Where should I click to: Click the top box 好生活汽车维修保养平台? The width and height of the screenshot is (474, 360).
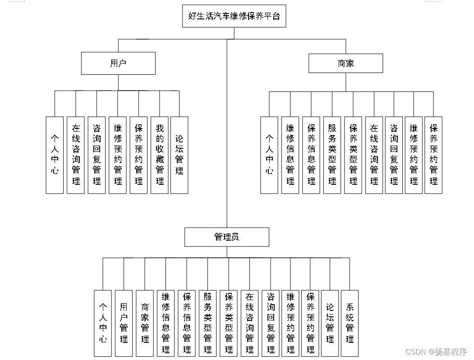pyautogui.click(x=234, y=16)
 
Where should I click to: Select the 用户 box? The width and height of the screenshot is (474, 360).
pyautogui.click(x=118, y=64)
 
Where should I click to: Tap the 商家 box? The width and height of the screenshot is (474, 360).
pyautogui.click(x=345, y=64)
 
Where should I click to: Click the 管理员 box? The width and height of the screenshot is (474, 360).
pyautogui.click(x=226, y=237)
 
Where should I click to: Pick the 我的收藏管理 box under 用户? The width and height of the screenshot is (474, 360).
pyautogui.click(x=159, y=155)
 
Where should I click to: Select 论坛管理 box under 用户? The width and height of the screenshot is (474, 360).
pyautogui.click(x=179, y=155)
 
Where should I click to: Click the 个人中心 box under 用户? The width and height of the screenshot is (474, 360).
pyautogui.click(x=55, y=155)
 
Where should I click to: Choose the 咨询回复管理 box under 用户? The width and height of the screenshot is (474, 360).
pyautogui.click(x=97, y=155)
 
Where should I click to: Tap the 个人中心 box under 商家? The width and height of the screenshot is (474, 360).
pyautogui.click(x=269, y=155)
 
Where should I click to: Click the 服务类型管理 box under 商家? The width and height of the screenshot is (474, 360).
pyautogui.click(x=332, y=155)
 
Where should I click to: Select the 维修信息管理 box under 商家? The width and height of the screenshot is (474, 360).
pyautogui.click(x=290, y=155)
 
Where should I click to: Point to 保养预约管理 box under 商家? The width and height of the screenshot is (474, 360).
pyautogui.click(x=433, y=155)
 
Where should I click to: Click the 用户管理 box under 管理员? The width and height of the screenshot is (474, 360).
pyautogui.click(x=124, y=323)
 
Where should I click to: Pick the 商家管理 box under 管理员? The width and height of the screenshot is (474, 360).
pyautogui.click(x=145, y=323)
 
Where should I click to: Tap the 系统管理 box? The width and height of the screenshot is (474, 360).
pyautogui.click(x=350, y=323)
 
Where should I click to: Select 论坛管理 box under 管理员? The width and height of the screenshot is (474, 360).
pyautogui.click(x=330, y=323)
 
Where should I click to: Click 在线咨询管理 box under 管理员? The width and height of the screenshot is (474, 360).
pyautogui.click(x=249, y=323)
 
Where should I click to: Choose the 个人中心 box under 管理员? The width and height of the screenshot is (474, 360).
pyautogui.click(x=103, y=323)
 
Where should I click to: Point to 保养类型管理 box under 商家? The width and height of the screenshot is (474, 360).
pyautogui.click(x=353, y=155)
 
